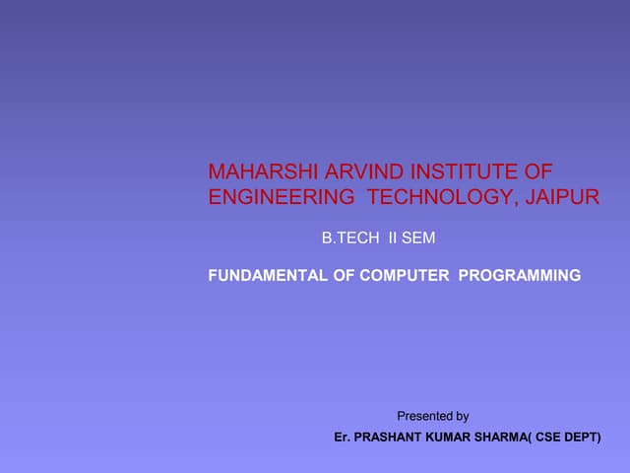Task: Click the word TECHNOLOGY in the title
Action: click(440, 197)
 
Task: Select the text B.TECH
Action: click(349, 238)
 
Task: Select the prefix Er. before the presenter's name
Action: click(343, 437)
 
